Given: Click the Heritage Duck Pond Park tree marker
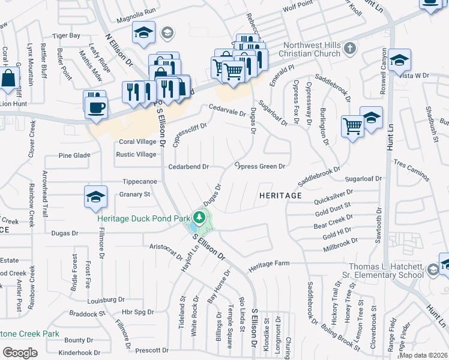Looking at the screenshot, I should pyautogui.click(x=199, y=217).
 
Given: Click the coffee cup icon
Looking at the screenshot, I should pyautogui.click(x=96, y=108).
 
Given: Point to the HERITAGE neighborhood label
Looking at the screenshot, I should pyautogui.click(x=280, y=196).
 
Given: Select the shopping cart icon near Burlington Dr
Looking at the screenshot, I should pyautogui.click(x=352, y=126).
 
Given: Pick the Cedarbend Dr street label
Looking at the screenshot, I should pyautogui.click(x=188, y=166).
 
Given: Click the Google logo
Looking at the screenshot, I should pyautogui.click(x=20, y=352).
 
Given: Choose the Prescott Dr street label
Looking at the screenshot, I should pyautogui.click(x=152, y=350).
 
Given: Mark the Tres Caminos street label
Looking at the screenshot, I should pyautogui.click(x=411, y=170).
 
